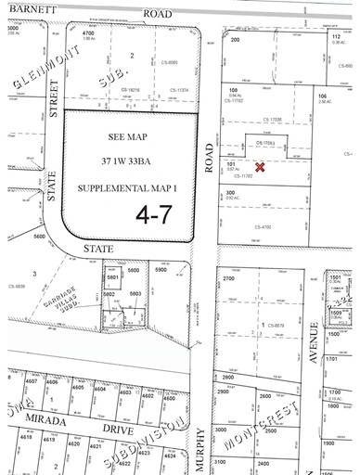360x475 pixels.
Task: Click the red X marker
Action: click(x=261, y=168)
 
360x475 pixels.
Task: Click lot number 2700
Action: click(x=232, y=277)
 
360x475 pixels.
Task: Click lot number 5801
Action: click(x=113, y=276)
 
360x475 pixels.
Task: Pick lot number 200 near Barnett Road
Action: click(x=235, y=40)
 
